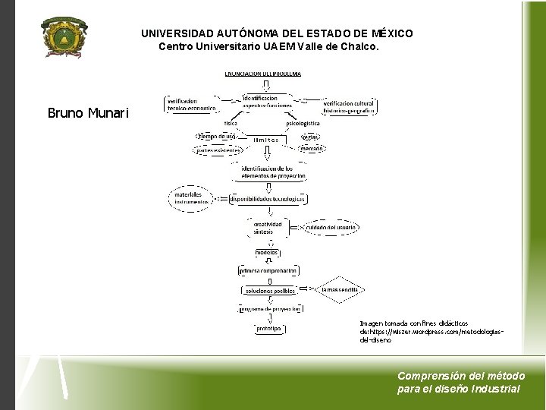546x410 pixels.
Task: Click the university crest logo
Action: coord(64,37)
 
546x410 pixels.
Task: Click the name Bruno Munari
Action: coord(88,114)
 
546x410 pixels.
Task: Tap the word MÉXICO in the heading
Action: coord(392,34)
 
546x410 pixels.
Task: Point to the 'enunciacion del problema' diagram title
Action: coord(262,74)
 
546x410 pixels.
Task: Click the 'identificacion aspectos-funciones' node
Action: coord(260,102)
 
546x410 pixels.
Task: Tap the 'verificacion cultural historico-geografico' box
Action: coord(349,107)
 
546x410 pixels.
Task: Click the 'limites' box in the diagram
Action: coord(266,140)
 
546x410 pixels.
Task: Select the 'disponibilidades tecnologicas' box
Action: coord(262,200)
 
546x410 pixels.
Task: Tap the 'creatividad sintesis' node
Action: coord(267,228)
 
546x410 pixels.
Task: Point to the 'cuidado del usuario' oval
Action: coord(331,227)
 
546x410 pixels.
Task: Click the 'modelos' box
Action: coord(267,252)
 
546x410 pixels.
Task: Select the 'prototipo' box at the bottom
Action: coord(268,329)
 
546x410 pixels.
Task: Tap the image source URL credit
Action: coord(431,332)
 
